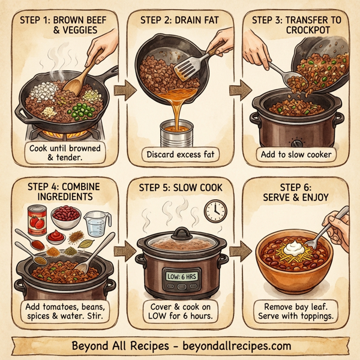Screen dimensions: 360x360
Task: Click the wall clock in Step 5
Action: click(x=214, y=210)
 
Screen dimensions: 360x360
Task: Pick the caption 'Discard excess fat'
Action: click(x=179, y=155)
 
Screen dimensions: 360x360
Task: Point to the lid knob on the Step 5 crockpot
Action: click(x=182, y=232)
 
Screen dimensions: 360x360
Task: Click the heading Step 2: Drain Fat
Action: click(x=179, y=19)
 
